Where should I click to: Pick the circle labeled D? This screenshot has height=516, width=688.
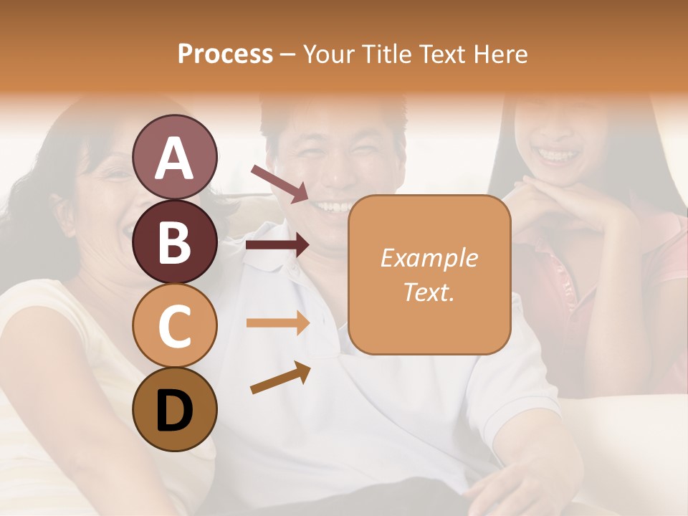coord(175,411)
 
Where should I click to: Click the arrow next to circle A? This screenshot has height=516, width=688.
coord(279,183)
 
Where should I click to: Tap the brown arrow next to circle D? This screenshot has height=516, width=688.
coord(280,378)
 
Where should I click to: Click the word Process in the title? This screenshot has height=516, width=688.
coord(225,54)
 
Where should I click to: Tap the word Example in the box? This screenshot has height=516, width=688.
coord(429,259)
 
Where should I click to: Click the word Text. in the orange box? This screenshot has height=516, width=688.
coord(429,292)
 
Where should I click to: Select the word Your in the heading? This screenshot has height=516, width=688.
coord(329,54)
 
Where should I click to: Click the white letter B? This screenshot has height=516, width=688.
coord(174,242)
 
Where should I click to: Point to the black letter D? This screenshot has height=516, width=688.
coord(174,411)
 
